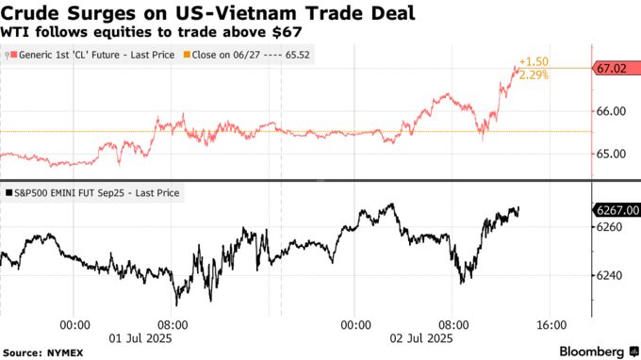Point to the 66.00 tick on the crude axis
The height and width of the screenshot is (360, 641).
pos(611,111)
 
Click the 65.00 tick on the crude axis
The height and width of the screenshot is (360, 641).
pos(611,154)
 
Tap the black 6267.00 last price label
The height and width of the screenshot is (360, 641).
pos(615,210)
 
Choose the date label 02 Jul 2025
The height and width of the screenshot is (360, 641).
pos(416,337)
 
